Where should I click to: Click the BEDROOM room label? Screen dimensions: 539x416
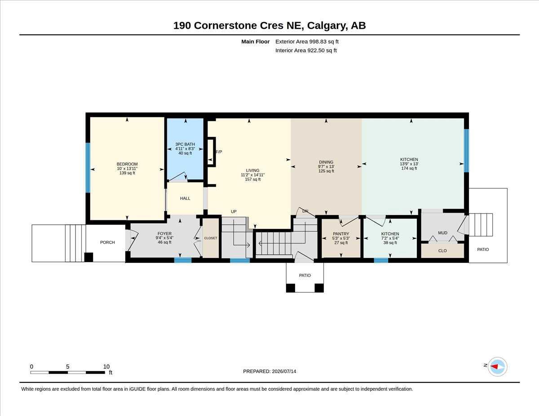point(127,164)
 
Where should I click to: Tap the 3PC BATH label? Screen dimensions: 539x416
point(185,144)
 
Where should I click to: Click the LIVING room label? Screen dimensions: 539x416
point(252,171)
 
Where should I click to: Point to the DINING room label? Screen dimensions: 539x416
point(326,162)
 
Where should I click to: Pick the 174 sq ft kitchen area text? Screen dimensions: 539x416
point(409,168)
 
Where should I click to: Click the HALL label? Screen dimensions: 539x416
point(185,198)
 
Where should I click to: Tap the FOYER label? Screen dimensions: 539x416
point(164,234)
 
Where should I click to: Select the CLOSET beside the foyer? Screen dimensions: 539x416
point(211,238)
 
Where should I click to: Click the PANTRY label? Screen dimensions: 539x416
point(341,234)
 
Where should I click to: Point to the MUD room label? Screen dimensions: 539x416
point(443,233)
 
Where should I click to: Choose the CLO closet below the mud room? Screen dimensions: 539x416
point(442,251)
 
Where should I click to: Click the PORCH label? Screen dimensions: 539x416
point(107,242)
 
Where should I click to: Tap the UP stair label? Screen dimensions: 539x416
point(234,212)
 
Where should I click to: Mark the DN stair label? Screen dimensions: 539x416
point(305,211)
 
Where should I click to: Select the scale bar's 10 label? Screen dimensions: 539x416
point(106,367)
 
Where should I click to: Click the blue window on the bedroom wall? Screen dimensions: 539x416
point(88,167)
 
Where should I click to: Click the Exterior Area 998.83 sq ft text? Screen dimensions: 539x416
point(307,42)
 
